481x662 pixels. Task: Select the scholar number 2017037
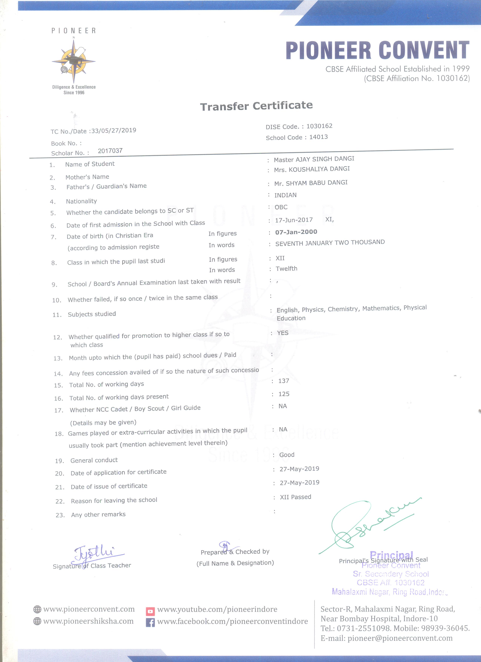click(x=110, y=151)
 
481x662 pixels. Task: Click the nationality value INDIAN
click(x=285, y=195)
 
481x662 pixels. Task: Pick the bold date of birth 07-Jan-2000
click(x=296, y=232)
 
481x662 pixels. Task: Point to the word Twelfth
click(x=286, y=269)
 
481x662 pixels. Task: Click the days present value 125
click(x=284, y=394)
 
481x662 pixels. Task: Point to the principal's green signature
click(x=368, y=525)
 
